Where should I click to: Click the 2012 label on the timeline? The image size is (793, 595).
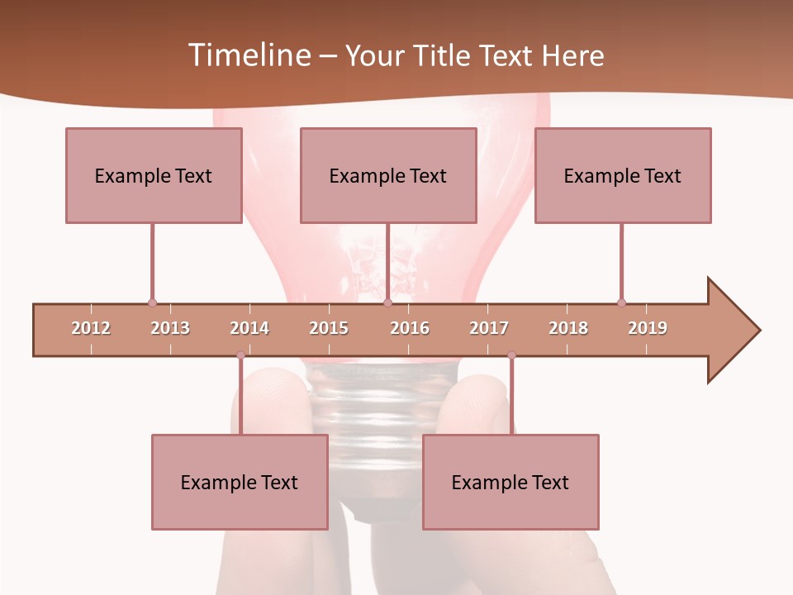click(91, 328)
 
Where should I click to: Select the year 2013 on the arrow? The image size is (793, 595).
click(170, 328)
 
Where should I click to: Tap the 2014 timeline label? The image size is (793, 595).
click(249, 328)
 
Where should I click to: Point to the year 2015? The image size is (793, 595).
click(329, 328)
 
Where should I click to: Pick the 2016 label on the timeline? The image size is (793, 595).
click(410, 328)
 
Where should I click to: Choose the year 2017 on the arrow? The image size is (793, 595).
click(489, 328)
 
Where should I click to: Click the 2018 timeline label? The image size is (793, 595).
click(568, 328)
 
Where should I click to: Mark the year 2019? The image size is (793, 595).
click(648, 328)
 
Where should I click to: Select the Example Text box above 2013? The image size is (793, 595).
click(154, 175)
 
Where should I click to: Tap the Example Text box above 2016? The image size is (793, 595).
click(388, 175)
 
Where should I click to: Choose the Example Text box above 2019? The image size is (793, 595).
click(623, 175)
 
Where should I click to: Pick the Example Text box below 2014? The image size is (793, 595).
click(240, 482)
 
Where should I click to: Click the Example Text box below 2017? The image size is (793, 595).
click(510, 482)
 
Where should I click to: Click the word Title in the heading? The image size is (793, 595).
click(445, 56)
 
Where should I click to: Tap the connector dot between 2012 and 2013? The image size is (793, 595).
click(152, 302)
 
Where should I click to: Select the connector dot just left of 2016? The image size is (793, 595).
click(387, 302)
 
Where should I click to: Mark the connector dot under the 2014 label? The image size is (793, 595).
click(240, 355)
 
